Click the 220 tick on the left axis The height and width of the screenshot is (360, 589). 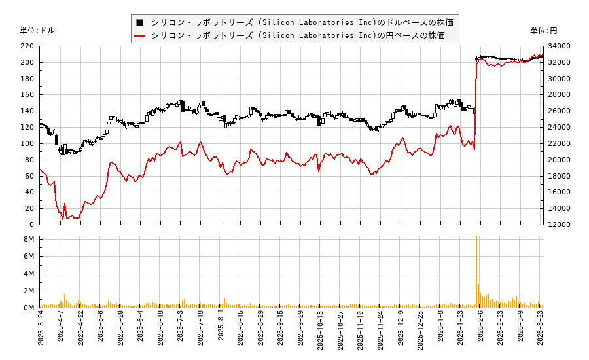pos(27,46)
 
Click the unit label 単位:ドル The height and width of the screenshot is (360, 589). pos(37,30)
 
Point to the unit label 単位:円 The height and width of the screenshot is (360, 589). pos(543,30)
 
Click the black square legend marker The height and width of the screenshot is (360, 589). pos(139,22)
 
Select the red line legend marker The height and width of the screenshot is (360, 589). pos(139,35)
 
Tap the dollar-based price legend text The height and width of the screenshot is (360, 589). pos(302,22)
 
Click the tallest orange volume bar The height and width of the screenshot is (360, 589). pos(476,271)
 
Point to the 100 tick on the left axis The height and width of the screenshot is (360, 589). pos(27,143)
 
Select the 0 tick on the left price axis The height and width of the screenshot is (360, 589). pos(32,225)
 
